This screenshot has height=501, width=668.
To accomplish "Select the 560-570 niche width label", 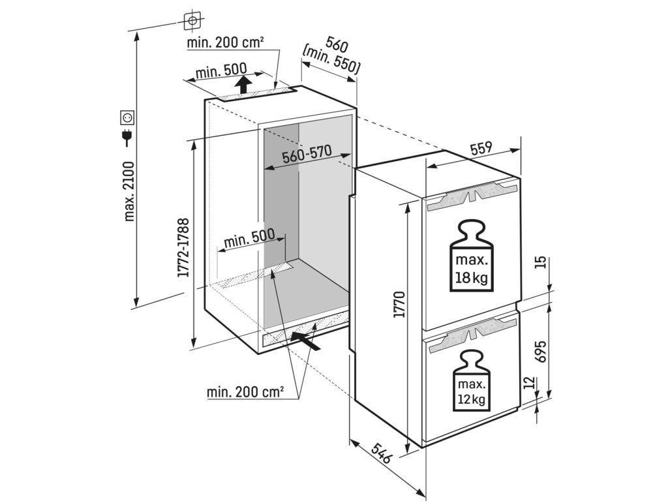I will [x=307, y=155].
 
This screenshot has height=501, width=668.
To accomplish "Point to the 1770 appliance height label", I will [x=400, y=305].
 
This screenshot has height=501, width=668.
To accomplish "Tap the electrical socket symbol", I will [x=127, y=117].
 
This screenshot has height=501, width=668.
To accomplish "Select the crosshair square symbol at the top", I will [x=192, y=21].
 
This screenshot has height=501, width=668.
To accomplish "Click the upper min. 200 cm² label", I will [x=225, y=43].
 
